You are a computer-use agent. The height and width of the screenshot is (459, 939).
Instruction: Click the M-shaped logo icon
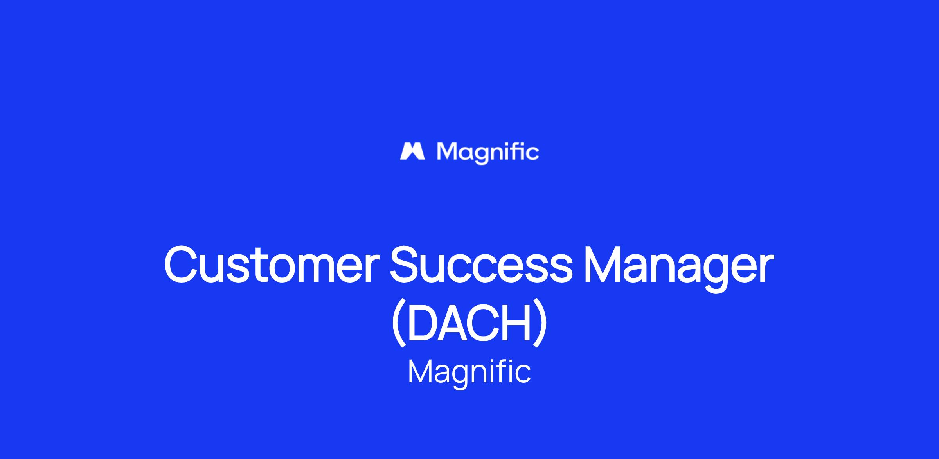click(x=412, y=151)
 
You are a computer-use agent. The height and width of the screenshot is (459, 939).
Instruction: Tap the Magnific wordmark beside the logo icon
click(x=488, y=153)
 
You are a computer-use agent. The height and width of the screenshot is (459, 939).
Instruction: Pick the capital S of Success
click(x=407, y=264)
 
